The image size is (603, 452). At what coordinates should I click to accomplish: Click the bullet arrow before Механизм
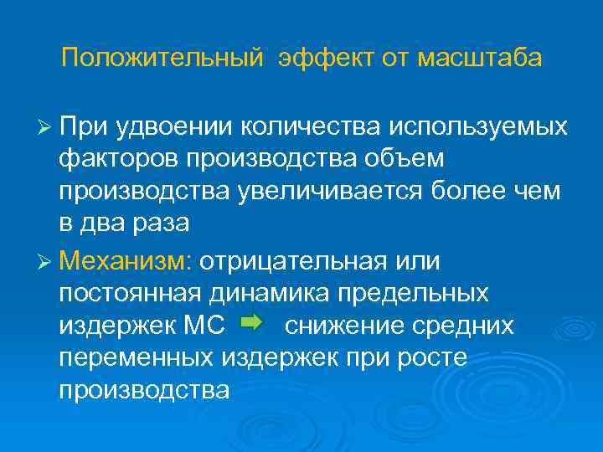pos(45,260)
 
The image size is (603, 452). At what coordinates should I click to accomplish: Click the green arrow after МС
pos(251,322)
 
